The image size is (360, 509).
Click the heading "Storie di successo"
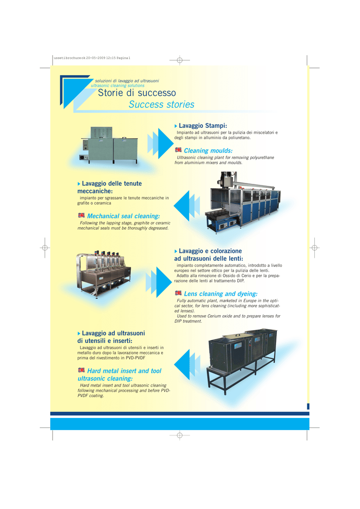[137, 93]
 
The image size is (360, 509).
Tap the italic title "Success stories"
[161, 104]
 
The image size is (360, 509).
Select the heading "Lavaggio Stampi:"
[203, 126]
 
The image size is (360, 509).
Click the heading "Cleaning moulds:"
[208, 151]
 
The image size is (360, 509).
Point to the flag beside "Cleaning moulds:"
[178, 150]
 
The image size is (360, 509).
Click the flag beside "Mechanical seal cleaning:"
[81, 215]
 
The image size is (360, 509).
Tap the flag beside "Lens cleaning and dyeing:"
[178, 293]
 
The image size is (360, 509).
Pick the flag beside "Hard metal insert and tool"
[81, 370]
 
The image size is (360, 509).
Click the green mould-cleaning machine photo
[108, 146]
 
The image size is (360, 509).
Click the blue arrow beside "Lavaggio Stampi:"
[161, 144]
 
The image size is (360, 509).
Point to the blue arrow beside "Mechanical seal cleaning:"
[186, 206]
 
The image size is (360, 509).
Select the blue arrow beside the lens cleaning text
[159, 282]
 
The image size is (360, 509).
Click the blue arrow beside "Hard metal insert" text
[187, 364]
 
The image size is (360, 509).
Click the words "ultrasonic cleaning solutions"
[117, 85]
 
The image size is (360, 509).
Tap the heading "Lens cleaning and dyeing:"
[221, 294]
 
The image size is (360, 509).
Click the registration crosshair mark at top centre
[180, 60]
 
